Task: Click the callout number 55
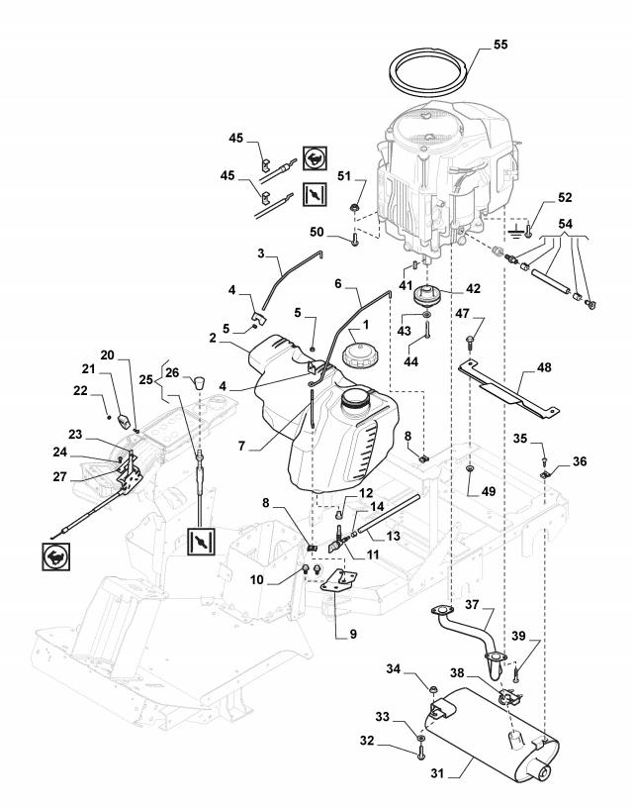[500, 45]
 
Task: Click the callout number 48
[543, 367]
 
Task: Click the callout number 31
[437, 773]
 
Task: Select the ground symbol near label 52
[514, 232]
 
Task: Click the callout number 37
[473, 604]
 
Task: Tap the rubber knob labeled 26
[199, 383]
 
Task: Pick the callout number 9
[353, 634]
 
